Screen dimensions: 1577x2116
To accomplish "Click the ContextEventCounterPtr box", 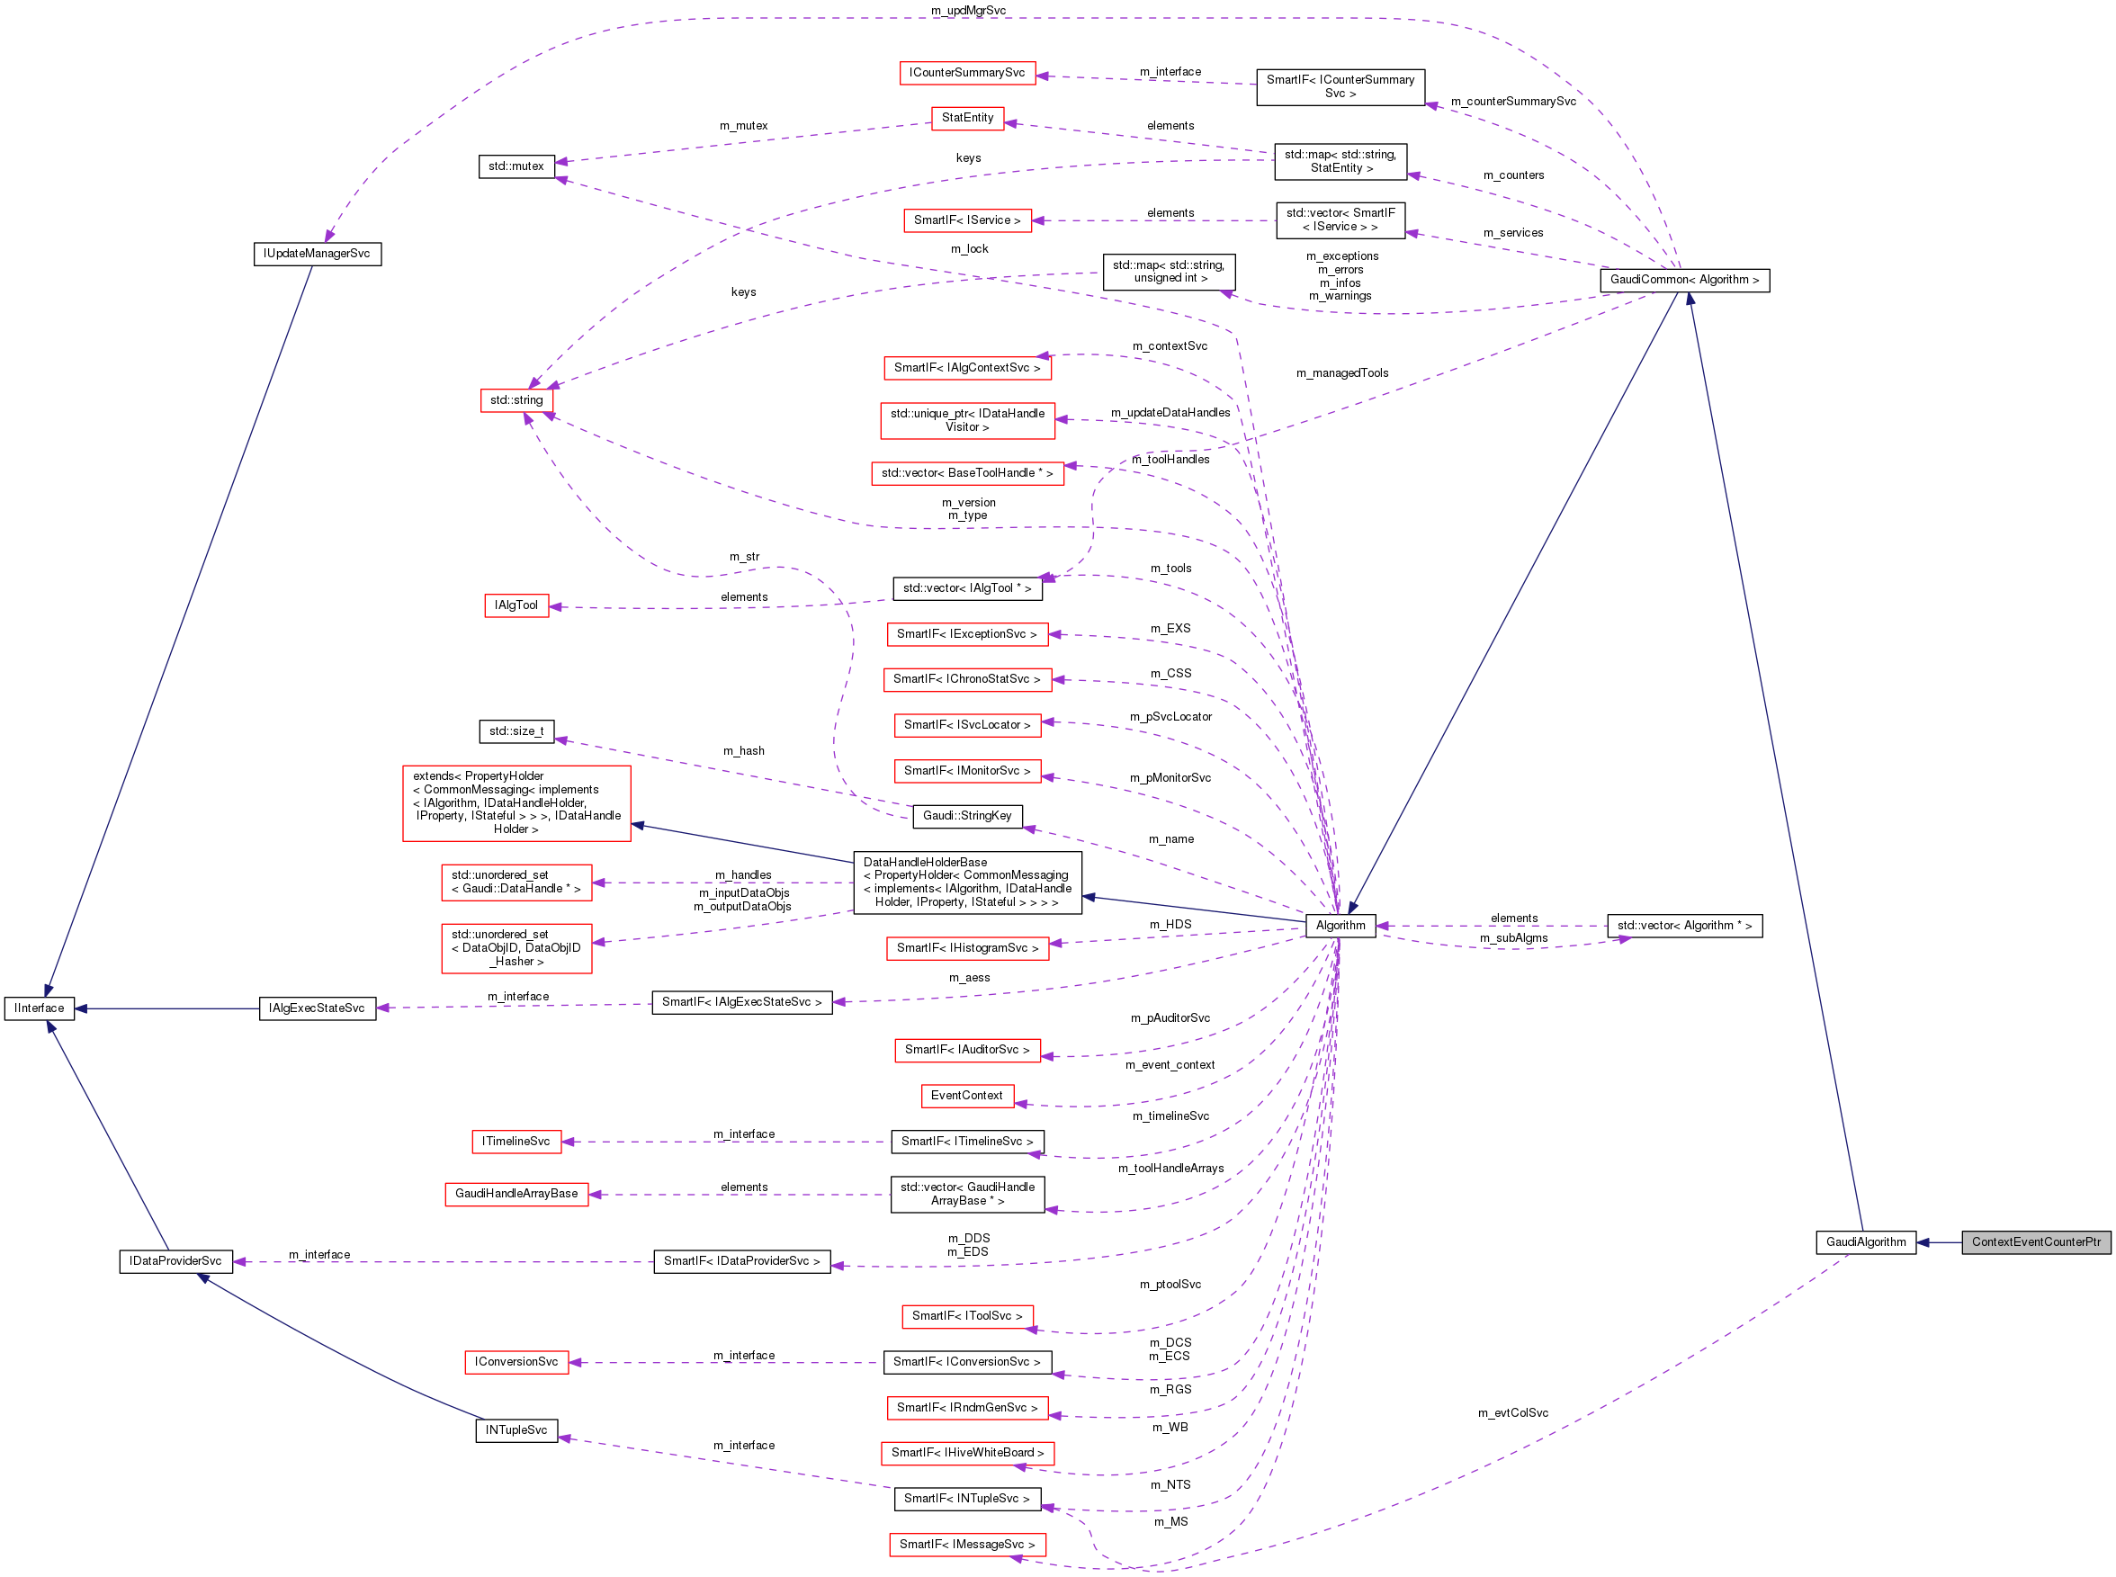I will click(2035, 1242).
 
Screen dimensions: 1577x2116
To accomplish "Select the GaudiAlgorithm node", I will click(1865, 1242).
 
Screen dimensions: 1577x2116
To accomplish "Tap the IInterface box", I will click(39, 1008).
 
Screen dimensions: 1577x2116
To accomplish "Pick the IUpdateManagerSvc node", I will click(317, 254).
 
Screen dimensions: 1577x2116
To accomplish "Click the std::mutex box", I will click(516, 166).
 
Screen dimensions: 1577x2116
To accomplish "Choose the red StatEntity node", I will click(967, 118).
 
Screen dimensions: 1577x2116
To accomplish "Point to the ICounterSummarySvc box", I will click(966, 73).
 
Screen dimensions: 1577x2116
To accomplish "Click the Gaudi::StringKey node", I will click(967, 816).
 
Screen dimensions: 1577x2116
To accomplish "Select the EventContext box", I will click(966, 1096).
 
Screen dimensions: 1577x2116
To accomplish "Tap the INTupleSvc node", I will click(516, 1430).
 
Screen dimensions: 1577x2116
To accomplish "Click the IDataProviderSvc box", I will click(175, 1261).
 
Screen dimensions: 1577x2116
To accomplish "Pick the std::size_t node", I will click(516, 731).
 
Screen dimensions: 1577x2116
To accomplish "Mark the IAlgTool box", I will click(516, 605).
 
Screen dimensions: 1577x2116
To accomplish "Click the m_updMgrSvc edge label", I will click(968, 11).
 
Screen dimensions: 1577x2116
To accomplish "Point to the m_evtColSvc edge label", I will click(1513, 1412).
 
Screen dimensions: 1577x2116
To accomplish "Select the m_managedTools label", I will click(1342, 373).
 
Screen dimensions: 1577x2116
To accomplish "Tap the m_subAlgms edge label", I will click(1513, 938).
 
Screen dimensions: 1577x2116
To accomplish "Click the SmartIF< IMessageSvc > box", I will click(966, 1545).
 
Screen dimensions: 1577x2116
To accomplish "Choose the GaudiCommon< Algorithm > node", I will click(1683, 280).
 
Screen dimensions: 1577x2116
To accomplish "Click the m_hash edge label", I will click(743, 751).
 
